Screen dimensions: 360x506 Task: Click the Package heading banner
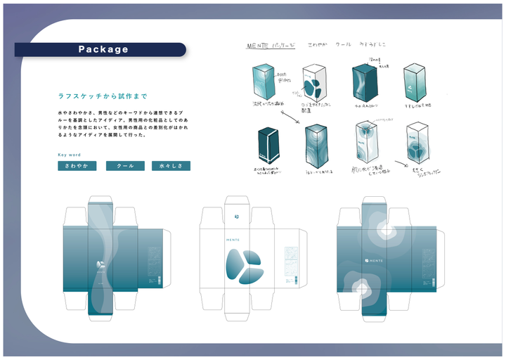[x=103, y=49]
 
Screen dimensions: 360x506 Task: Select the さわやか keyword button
[x=77, y=166]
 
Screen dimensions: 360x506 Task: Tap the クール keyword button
[x=125, y=166]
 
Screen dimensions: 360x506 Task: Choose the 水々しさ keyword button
[x=171, y=166]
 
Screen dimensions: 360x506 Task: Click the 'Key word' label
[x=69, y=155]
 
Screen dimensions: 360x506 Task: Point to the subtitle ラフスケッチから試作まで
[x=103, y=96]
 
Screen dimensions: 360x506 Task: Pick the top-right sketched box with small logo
[x=413, y=83]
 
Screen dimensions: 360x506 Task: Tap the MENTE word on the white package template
[x=233, y=239]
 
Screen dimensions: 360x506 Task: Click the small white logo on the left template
[x=100, y=265]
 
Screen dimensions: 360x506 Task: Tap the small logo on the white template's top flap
[x=238, y=215]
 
